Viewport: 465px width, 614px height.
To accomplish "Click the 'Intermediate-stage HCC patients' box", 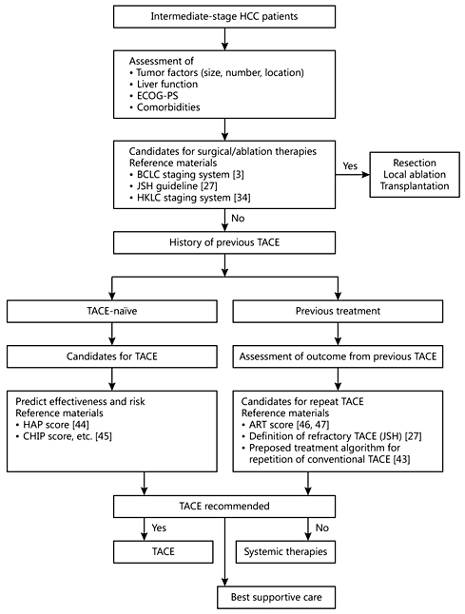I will [224, 18].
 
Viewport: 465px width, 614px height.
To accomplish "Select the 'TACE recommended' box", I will [224, 505].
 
